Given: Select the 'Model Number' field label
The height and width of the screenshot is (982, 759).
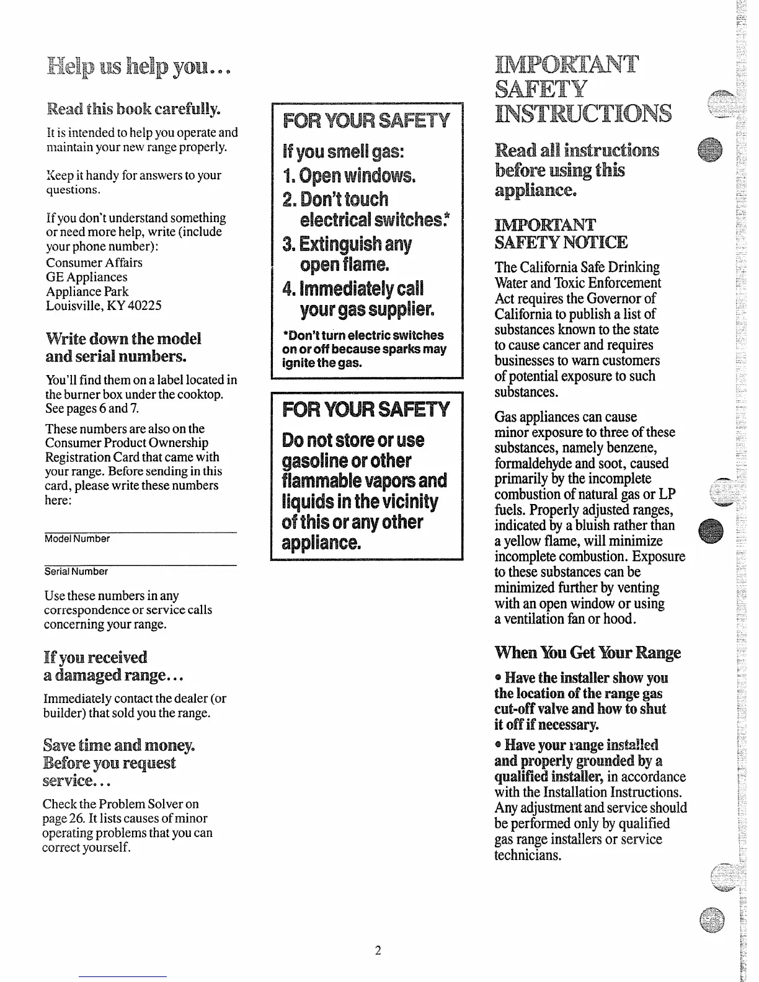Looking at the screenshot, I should click(x=77, y=539).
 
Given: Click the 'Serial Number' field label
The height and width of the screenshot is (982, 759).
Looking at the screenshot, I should click(x=76, y=572).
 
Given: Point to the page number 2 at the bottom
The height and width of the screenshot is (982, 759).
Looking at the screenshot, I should click(x=377, y=950).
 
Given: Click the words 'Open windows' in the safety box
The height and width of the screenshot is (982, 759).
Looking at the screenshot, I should click(x=357, y=177).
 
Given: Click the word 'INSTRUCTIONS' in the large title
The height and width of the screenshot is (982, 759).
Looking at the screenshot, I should click(x=583, y=114).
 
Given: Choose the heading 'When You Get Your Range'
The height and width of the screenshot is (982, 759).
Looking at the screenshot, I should click(x=587, y=653).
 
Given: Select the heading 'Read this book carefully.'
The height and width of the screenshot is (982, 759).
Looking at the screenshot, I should click(x=134, y=110).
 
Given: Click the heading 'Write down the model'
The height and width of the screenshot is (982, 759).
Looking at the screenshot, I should click(x=123, y=339).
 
